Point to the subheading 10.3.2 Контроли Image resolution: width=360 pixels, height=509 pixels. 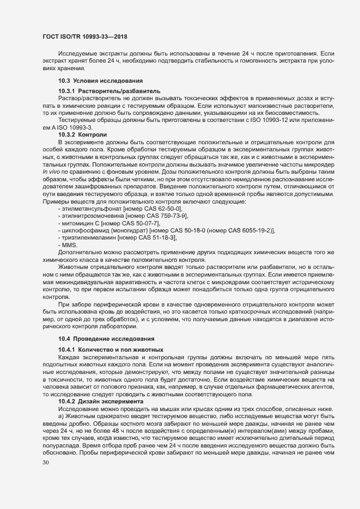pos(83,133)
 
